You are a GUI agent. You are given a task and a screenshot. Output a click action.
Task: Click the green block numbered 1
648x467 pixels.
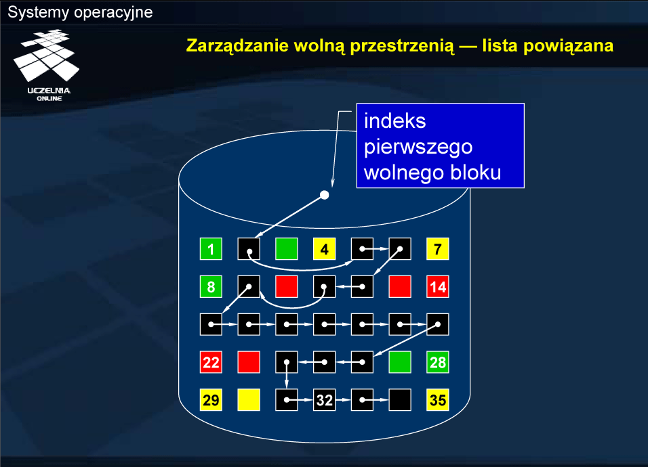[x=211, y=249]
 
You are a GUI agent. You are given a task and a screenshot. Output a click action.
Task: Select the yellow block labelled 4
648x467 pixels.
[x=325, y=249]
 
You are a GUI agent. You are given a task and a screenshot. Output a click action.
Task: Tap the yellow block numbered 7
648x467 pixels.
[x=438, y=249]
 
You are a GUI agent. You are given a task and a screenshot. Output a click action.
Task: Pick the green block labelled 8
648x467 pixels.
[x=211, y=287]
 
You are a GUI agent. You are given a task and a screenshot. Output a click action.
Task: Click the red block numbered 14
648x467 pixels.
[x=438, y=287]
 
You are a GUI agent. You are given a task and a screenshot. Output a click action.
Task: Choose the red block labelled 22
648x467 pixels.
[x=211, y=362]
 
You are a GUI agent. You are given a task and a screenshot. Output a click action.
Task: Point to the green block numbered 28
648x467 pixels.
[x=438, y=362]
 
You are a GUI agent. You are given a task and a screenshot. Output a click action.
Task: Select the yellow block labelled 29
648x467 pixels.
[x=211, y=400]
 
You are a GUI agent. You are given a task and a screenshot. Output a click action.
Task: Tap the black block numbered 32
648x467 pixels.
[x=325, y=400]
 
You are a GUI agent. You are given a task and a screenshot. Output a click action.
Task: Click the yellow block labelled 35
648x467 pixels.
[x=438, y=400]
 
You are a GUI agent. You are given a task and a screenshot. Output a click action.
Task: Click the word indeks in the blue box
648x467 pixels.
[x=394, y=121]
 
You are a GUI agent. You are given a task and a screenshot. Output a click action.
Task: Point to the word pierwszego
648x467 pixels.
[x=418, y=148]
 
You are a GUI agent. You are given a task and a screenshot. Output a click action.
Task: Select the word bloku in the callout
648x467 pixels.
[x=476, y=172]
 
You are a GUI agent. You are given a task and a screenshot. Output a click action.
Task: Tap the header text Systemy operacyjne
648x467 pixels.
[x=80, y=12]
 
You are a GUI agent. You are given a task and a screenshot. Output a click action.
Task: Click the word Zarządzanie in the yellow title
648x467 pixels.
[x=237, y=45]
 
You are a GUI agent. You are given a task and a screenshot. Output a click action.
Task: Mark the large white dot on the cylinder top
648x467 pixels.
[x=325, y=195]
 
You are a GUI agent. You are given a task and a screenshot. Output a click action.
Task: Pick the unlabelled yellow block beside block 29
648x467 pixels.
[x=249, y=400]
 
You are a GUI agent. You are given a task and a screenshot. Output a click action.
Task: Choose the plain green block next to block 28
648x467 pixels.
[x=400, y=362]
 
